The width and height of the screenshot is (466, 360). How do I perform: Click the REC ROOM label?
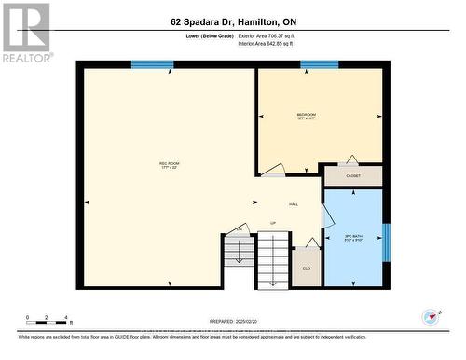[x=169, y=165]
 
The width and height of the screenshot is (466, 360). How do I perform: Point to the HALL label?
[x=293, y=204]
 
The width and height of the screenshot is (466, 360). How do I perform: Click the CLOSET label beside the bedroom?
[x=352, y=175]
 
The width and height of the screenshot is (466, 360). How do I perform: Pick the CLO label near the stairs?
[x=306, y=268]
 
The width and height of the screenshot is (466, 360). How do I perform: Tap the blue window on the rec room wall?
[x=152, y=64]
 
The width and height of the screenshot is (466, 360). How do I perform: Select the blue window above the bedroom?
[x=319, y=64]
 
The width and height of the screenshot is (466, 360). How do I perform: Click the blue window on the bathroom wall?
[x=387, y=242]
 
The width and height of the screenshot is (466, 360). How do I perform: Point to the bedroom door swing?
[x=272, y=170]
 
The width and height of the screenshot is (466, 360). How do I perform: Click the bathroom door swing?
[x=327, y=215]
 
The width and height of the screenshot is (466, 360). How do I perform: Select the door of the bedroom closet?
[x=351, y=160]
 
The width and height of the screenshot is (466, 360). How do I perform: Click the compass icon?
[x=430, y=317]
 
